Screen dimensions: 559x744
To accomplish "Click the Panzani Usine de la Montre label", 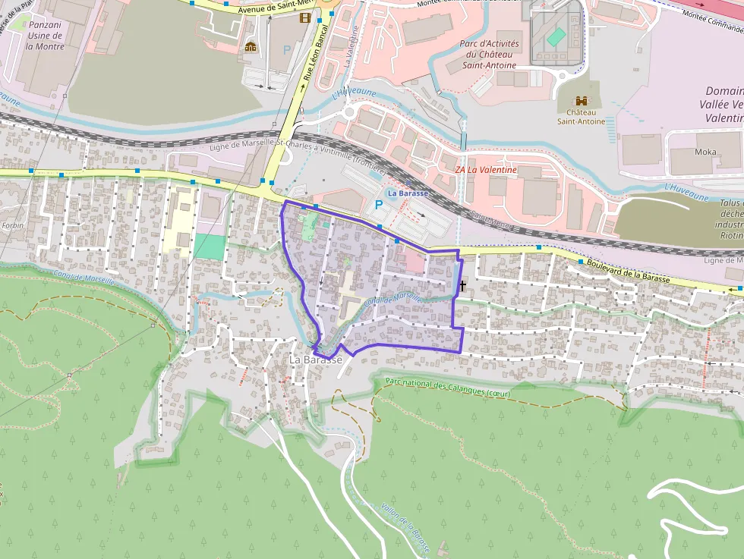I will pyautogui.click(x=45, y=35).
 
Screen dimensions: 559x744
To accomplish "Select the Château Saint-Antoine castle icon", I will pyautogui.click(x=582, y=101).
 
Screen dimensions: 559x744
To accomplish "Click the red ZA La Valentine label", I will pyautogui.click(x=486, y=170).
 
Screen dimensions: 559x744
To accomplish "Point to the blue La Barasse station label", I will pyautogui.click(x=408, y=193).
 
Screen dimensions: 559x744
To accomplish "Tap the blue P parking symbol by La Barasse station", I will pyautogui.click(x=378, y=205).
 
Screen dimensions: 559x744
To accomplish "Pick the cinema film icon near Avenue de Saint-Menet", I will pyautogui.click(x=305, y=18).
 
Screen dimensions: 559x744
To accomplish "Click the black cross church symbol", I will pyautogui.click(x=462, y=286).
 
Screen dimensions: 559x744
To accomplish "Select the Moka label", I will pyautogui.click(x=705, y=152).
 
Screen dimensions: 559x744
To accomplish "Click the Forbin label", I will pyautogui.click(x=13, y=225).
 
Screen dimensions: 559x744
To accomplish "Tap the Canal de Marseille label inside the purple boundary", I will pyautogui.click(x=393, y=298).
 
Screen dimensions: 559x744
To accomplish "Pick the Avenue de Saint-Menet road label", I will pyautogui.click(x=268, y=7).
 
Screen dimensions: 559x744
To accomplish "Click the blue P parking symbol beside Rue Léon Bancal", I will pyautogui.click(x=287, y=49).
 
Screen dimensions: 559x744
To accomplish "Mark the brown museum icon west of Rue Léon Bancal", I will pyautogui.click(x=251, y=47).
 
